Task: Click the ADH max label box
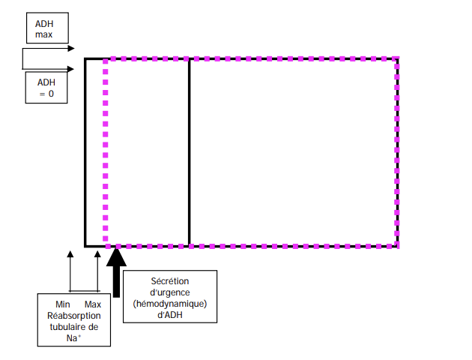(44, 30)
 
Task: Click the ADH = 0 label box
(46, 88)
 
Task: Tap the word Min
(63, 304)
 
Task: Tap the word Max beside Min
(93, 304)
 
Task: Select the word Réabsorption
(73, 316)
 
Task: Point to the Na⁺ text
(73, 338)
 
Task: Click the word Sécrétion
(170, 281)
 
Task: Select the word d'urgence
(170, 292)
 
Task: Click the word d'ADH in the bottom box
(170, 315)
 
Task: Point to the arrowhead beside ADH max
(70, 49)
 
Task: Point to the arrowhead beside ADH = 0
(70, 69)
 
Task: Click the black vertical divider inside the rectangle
(189, 150)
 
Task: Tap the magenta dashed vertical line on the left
(106, 150)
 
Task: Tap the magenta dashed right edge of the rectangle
(396, 150)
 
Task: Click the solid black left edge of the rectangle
(85, 150)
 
